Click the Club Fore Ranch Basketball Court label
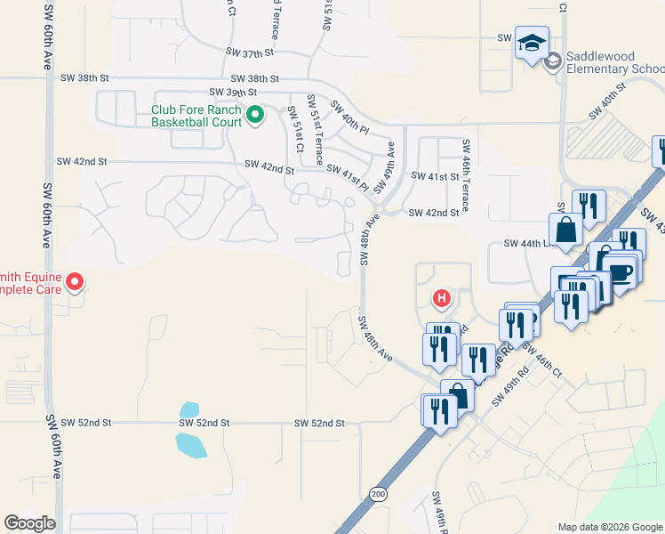click(x=196, y=116)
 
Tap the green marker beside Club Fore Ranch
click(x=254, y=115)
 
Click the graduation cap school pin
click(x=532, y=43)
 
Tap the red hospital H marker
click(x=439, y=297)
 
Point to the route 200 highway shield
click(x=380, y=493)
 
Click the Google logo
click(x=29, y=523)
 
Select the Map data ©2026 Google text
click(x=610, y=527)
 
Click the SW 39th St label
click(x=233, y=92)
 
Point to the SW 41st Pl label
click(x=348, y=176)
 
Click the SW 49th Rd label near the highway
click(x=509, y=388)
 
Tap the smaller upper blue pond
click(x=188, y=409)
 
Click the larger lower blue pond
click(x=191, y=444)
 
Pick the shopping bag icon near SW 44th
click(x=565, y=231)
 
